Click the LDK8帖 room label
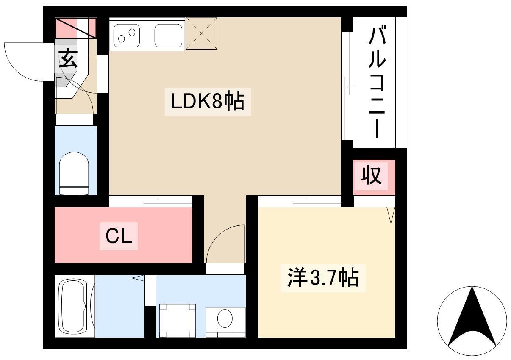point(207,101)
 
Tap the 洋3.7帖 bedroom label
point(323,278)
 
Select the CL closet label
point(119,236)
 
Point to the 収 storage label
point(371,176)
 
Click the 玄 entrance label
point(68,59)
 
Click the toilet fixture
point(74,173)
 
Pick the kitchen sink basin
point(168,36)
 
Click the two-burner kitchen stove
point(127,36)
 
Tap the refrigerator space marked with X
point(201,33)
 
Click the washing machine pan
point(178,320)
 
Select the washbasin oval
point(225,318)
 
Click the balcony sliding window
point(347,86)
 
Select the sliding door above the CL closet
point(150,201)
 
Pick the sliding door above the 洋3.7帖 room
point(300,201)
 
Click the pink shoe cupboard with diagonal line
point(76,28)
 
